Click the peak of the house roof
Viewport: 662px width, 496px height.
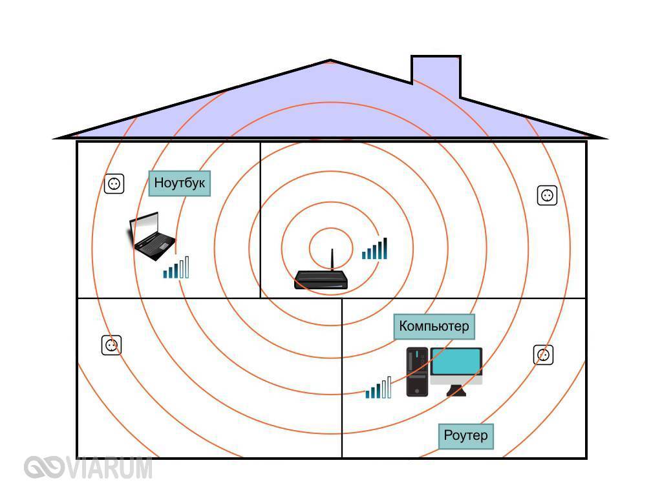[330, 60]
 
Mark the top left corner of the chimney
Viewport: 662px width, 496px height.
[412, 56]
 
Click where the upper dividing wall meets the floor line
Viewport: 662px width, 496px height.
[261, 298]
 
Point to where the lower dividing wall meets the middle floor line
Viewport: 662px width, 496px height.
[341, 298]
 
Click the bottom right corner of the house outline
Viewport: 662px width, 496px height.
[586, 458]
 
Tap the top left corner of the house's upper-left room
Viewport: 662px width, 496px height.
[78, 141]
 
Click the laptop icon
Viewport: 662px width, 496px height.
[151, 236]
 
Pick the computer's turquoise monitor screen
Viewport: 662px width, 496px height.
[456, 362]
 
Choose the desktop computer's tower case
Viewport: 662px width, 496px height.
[417, 371]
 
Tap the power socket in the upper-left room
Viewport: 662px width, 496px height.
[114, 184]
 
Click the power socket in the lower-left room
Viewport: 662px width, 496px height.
[111, 346]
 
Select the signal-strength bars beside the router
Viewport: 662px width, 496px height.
[374, 249]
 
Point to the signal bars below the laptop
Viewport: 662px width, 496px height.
[176, 267]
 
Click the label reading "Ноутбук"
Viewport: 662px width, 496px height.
[180, 183]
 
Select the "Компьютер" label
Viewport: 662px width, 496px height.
[434, 326]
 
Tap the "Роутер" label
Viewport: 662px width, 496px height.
[465, 436]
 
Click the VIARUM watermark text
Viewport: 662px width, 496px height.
[88, 468]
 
